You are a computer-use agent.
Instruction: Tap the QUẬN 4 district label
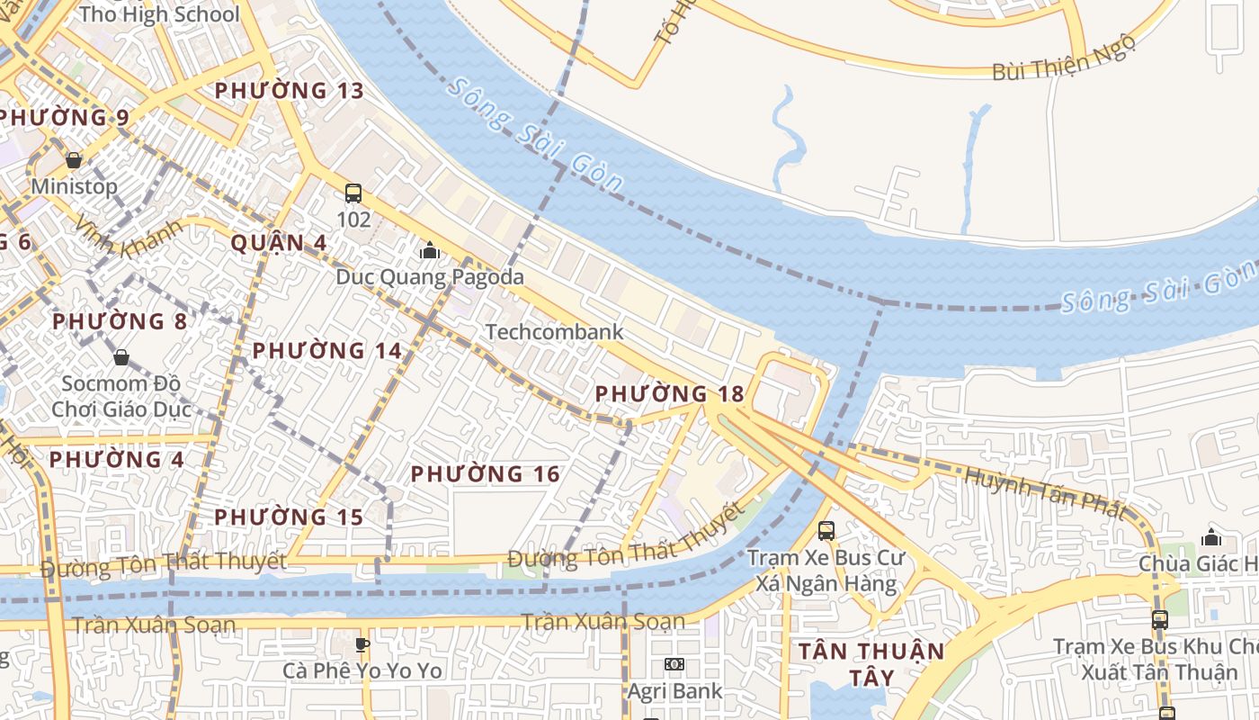pyautogui.click(x=279, y=243)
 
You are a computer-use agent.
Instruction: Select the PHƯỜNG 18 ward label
pyautogui.click(x=670, y=394)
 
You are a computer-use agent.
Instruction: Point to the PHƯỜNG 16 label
pyautogui.click(x=486, y=474)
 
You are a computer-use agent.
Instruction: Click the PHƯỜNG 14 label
pyautogui.click(x=327, y=351)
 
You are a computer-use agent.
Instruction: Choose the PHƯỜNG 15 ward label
pyautogui.click(x=289, y=517)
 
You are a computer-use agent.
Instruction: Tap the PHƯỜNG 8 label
pyautogui.click(x=120, y=322)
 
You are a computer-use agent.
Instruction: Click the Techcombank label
pyautogui.click(x=554, y=332)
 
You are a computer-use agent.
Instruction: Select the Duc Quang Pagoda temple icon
pyautogui.click(x=430, y=250)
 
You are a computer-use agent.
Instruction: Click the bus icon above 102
pyautogui.click(x=353, y=193)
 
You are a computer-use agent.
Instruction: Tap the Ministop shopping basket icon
pyautogui.click(x=74, y=160)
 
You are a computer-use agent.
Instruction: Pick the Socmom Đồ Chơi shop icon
pyautogui.click(x=121, y=357)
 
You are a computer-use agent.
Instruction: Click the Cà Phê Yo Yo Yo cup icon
pyautogui.click(x=362, y=644)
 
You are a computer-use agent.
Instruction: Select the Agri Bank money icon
pyautogui.click(x=674, y=664)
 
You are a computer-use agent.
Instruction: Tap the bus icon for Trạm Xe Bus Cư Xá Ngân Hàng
pyautogui.click(x=826, y=531)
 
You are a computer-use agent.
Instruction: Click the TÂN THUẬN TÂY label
pyautogui.click(x=872, y=663)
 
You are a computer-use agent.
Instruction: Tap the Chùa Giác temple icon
pyautogui.click(x=1211, y=537)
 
